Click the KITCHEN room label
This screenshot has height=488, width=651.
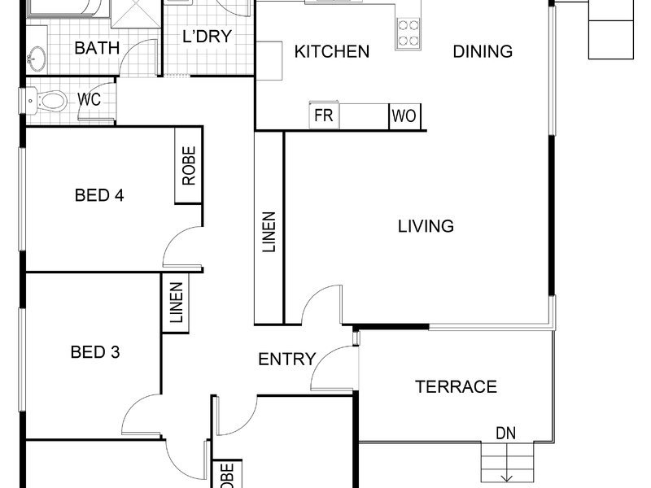click(x=332, y=51)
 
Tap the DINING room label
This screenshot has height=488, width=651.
click(x=483, y=51)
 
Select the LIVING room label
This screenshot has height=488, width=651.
click(x=426, y=226)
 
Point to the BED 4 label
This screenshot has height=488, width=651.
click(x=99, y=195)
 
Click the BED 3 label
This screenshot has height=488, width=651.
click(x=95, y=352)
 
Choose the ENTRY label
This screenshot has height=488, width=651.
click(x=287, y=359)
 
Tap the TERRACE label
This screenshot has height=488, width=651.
click(x=456, y=387)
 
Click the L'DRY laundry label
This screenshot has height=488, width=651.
click(x=208, y=36)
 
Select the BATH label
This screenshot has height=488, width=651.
click(x=97, y=48)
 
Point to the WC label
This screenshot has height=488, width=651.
click(x=89, y=99)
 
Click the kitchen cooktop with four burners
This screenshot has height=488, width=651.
click(x=409, y=33)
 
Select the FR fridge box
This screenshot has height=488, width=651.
click(x=324, y=115)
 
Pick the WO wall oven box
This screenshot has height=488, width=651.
click(x=404, y=116)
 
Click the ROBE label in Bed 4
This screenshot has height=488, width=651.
click(x=189, y=166)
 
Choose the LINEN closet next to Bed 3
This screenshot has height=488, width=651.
click(x=176, y=303)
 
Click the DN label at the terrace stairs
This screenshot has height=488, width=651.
click(x=505, y=434)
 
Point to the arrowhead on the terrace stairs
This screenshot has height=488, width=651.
click(x=506, y=478)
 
